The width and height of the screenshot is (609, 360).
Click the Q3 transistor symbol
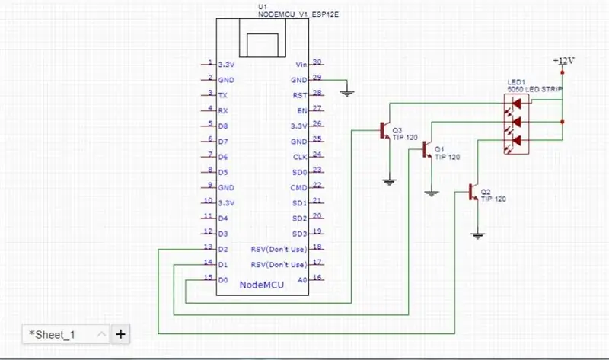point(385,130)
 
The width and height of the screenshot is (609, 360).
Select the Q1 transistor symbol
point(427,149)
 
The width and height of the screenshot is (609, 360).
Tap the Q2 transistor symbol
point(473,192)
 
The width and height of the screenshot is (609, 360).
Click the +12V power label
point(563,61)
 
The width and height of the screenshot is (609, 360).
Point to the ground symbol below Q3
point(390,181)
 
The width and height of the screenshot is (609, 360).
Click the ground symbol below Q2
point(478,235)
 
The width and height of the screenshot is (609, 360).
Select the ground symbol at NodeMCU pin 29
point(347,93)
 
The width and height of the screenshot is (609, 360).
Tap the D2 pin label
point(223,250)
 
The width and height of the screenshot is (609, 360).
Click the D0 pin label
point(223,280)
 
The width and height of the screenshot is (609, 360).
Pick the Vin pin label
point(301,65)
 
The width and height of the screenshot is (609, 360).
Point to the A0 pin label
point(302,280)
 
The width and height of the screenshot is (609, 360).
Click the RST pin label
point(300,96)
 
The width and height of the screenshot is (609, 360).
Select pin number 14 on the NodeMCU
point(208,262)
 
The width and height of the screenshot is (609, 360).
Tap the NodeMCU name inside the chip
point(261,285)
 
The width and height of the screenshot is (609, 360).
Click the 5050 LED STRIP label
point(534,89)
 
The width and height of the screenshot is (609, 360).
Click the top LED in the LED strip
point(516,104)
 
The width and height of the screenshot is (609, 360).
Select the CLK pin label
point(300,157)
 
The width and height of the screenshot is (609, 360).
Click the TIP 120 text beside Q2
point(493,199)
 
